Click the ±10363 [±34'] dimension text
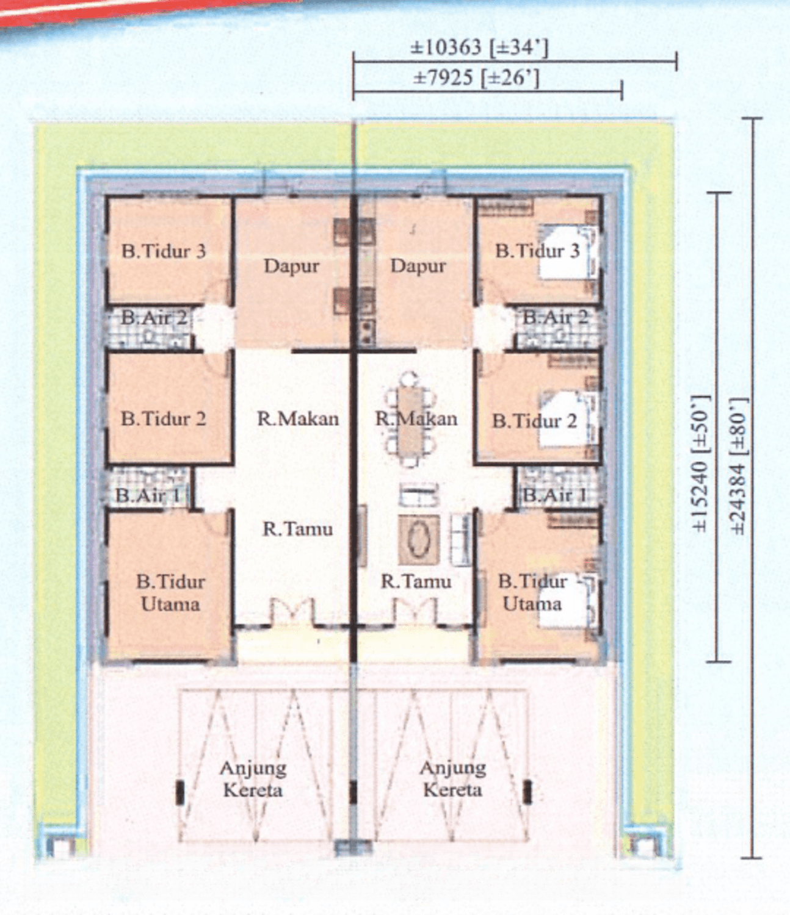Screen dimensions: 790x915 click(479, 48)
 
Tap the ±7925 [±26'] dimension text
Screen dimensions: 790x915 click(476, 78)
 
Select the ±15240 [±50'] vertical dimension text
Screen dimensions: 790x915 click(701, 464)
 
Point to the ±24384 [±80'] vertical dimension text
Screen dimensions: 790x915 click(739, 466)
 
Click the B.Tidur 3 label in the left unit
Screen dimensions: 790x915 click(164, 251)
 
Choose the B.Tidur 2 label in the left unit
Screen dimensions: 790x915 click(164, 419)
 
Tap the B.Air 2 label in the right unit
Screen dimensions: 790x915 click(556, 317)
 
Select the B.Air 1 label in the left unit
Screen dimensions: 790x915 click(148, 495)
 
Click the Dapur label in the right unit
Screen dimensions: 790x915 click(418, 266)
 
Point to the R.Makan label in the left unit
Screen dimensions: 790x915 click(298, 418)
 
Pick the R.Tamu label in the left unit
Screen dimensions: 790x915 click(298, 528)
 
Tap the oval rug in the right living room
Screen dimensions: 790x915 click(419, 540)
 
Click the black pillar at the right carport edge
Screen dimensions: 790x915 click(527, 792)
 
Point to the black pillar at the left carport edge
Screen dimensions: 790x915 click(180, 792)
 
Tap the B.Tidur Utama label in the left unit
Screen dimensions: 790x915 click(170, 593)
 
